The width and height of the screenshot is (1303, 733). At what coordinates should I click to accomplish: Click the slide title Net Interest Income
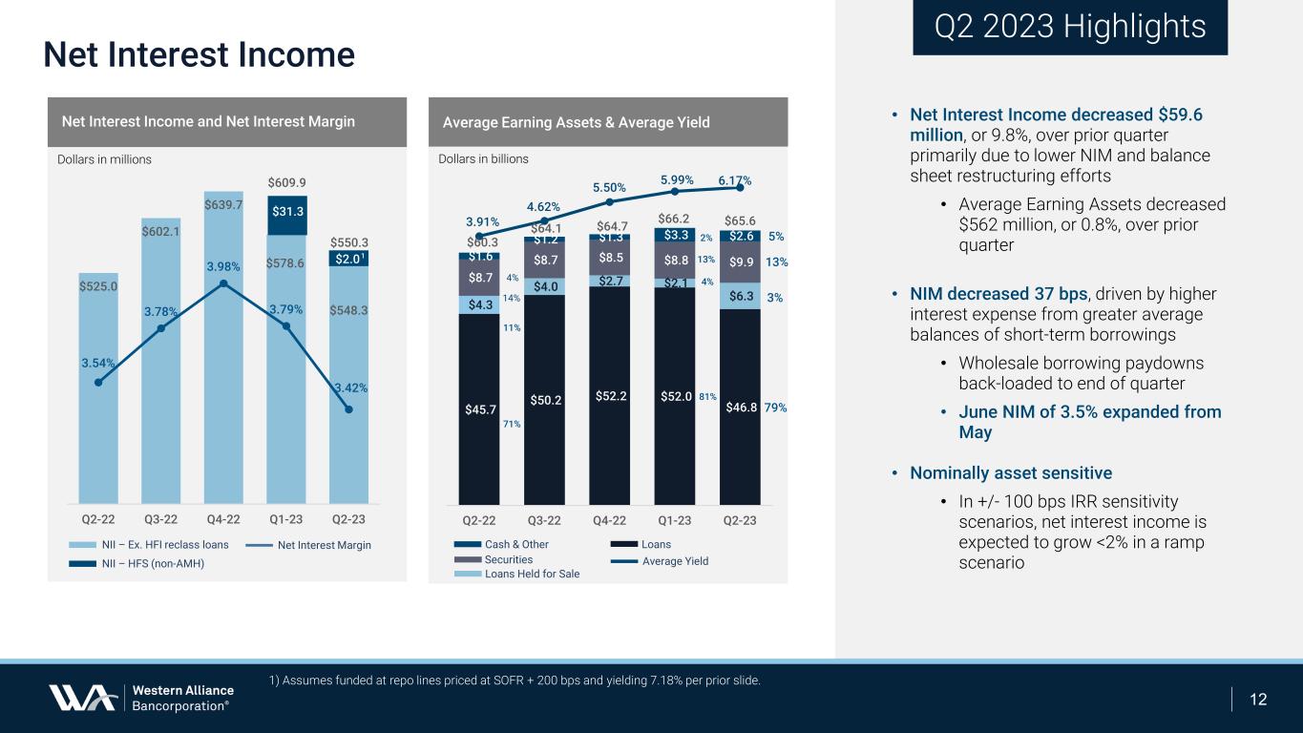point(199,54)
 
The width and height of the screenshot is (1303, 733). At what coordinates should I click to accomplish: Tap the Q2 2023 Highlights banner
point(1069,27)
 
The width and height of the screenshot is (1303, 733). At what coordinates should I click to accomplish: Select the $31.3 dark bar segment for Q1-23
point(286,214)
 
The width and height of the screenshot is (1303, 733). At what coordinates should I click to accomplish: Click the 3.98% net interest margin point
point(223,283)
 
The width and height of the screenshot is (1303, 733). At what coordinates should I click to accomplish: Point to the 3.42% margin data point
point(348,409)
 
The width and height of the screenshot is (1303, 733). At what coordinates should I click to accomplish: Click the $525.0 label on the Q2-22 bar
point(97,285)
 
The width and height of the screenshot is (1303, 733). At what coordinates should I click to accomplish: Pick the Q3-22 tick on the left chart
point(160,521)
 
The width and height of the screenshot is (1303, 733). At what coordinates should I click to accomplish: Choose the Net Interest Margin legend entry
point(324,545)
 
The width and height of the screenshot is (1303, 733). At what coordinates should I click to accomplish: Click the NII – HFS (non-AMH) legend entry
point(154,563)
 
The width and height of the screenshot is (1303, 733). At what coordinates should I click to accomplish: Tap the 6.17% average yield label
point(734,180)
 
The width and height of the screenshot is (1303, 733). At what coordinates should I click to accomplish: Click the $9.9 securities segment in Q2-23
point(740,262)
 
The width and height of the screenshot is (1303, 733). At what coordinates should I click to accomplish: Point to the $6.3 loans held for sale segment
point(740,296)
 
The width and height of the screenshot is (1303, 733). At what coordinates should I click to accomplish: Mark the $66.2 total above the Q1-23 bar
point(675,220)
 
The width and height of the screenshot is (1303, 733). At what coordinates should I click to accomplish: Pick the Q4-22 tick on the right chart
point(609,521)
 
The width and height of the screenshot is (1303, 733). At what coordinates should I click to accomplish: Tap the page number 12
point(1258,700)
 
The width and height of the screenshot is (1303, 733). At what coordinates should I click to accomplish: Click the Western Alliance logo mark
point(84,698)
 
